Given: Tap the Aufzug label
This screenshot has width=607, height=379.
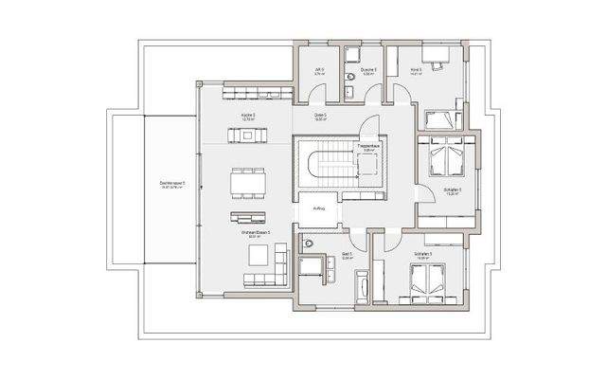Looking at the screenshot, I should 319,208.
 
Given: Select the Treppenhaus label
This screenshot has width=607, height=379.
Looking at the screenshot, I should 367,147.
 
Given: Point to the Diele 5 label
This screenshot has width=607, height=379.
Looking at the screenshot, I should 320,117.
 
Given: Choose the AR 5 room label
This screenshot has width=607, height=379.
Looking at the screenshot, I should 319,70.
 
